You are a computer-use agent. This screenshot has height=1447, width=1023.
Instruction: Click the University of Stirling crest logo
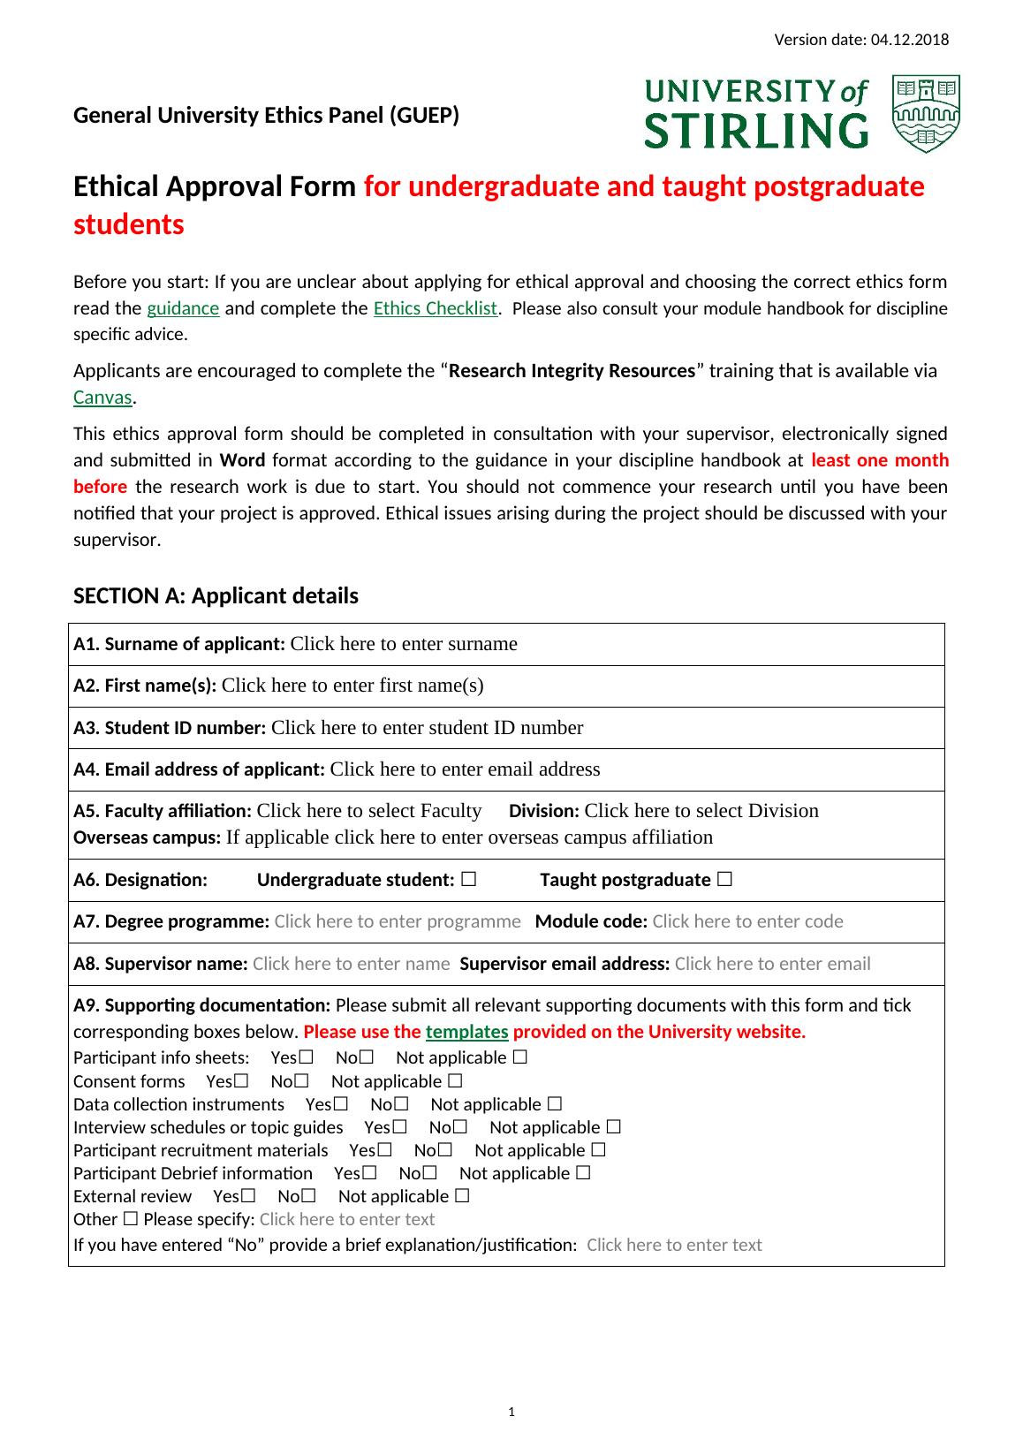tap(926, 114)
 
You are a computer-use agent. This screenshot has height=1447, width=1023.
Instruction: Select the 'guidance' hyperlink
tap(182, 308)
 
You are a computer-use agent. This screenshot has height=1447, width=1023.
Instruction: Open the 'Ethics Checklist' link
tap(436, 308)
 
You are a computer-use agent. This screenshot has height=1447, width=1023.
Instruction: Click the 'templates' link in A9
tap(466, 1032)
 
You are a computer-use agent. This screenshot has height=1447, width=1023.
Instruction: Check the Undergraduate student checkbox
tap(468, 880)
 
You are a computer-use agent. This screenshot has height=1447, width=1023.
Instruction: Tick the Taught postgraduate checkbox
tap(724, 880)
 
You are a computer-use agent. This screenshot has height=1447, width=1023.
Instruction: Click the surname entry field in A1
tap(403, 644)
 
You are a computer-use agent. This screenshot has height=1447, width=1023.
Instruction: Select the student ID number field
tap(427, 728)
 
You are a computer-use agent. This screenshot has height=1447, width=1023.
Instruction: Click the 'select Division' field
tap(701, 811)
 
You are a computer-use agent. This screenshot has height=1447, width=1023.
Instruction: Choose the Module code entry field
tap(747, 921)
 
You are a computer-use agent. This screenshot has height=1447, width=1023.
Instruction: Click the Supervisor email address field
tap(772, 964)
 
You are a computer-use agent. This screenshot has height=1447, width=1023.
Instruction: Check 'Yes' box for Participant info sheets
tap(306, 1057)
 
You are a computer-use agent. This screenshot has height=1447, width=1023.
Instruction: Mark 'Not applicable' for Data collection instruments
tap(555, 1104)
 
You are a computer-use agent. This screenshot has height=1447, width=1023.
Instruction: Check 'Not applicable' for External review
tap(462, 1196)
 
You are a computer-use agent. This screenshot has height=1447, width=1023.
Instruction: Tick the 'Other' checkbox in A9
tap(131, 1219)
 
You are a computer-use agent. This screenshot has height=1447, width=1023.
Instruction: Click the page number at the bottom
tap(511, 1413)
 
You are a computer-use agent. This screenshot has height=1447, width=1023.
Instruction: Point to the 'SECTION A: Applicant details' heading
tap(216, 596)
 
